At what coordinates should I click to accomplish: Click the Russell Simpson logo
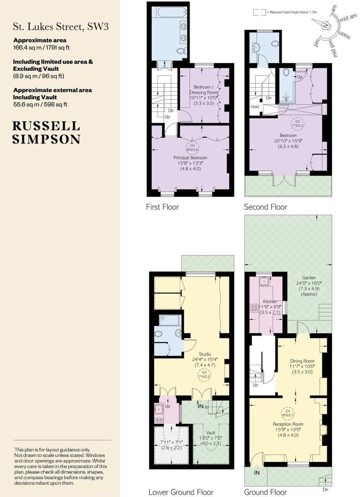46,132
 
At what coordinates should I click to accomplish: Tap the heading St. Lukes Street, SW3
61,27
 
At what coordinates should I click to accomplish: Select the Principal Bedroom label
190,158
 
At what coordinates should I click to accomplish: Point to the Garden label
309,278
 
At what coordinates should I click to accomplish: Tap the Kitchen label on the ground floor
270,301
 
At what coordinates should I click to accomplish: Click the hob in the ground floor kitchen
254,308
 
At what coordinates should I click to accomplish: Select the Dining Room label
302,361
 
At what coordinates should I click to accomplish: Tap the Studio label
205,354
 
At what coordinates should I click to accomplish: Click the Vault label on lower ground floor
211,432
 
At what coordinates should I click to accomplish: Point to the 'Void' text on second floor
255,106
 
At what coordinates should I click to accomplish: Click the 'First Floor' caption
162,207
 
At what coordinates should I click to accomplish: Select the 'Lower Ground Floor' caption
181,492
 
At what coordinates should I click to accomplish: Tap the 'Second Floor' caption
265,207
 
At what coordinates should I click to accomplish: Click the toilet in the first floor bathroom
181,51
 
